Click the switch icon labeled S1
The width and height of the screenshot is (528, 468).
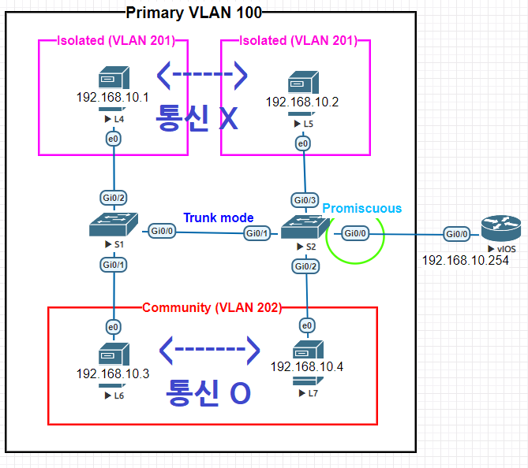pos(115,225)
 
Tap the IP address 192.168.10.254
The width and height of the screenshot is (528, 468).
pos(464,260)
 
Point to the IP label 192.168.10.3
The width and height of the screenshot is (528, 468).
pos(113,373)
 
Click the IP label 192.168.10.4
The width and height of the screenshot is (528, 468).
pos(307,366)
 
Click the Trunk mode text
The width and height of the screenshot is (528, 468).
pos(219,217)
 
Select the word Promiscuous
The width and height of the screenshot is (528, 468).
pos(361,208)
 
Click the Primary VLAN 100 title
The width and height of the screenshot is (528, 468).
pos(193,12)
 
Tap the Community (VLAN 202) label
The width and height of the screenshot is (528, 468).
pos(212,307)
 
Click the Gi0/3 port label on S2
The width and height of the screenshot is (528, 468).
pos(305,200)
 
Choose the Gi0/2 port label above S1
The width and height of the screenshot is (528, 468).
pos(114,197)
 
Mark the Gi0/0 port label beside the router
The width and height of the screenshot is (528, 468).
pos(456,234)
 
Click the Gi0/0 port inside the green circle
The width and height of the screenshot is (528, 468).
pos(354,234)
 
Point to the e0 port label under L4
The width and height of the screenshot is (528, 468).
pos(113,139)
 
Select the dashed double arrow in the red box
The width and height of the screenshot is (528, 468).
pos(209,347)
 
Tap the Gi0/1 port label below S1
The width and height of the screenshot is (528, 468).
pos(114,265)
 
